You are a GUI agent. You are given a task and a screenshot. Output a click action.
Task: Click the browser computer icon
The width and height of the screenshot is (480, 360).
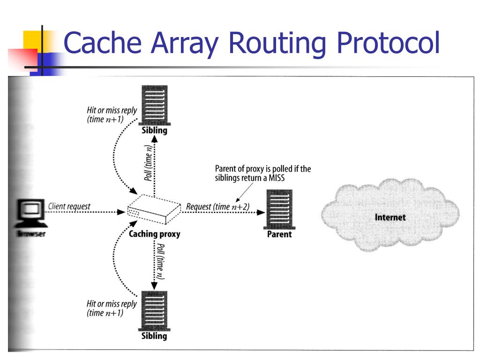(x=31, y=213)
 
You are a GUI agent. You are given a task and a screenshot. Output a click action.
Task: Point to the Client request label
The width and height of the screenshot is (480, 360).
(x=69, y=206)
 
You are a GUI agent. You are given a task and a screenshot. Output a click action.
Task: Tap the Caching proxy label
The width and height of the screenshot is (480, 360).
(x=154, y=233)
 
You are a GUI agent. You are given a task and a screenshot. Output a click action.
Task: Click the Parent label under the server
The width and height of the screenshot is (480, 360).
(x=279, y=234)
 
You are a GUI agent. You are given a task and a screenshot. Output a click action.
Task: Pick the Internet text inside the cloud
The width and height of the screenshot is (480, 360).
(x=390, y=217)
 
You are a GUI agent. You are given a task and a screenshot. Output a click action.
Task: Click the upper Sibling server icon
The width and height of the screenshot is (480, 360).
(x=154, y=105)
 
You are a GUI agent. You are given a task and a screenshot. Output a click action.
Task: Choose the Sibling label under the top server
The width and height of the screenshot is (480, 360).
(x=154, y=130)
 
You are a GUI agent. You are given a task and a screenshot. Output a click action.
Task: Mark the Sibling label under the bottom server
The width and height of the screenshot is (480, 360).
(x=154, y=336)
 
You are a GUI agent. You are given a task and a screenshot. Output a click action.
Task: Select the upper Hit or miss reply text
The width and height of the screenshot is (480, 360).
(x=112, y=115)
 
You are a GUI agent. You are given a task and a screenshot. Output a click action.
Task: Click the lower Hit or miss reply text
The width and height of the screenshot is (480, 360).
(x=112, y=308)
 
